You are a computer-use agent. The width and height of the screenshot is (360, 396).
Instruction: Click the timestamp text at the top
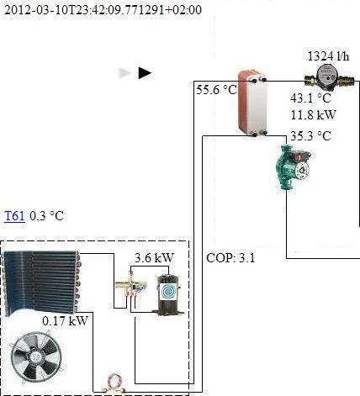click(x=103, y=10)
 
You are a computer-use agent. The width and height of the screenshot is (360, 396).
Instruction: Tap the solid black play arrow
click(x=145, y=73)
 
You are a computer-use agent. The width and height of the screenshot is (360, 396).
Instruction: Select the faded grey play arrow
click(x=124, y=73)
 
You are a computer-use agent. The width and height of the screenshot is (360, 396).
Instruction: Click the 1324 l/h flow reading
click(x=328, y=56)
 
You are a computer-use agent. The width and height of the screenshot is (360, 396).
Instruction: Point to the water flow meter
click(x=329, y=78)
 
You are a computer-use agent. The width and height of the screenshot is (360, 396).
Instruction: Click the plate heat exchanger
click(x=252, y=103)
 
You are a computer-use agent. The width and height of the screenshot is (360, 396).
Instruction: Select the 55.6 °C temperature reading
click(x=216, y=90)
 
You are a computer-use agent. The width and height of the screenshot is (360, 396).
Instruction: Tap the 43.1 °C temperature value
click(x=310, y=98)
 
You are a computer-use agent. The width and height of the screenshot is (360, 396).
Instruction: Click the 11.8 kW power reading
click(x=313, y=115)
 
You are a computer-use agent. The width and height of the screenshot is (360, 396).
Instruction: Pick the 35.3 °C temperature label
click(x=310, y=136)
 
